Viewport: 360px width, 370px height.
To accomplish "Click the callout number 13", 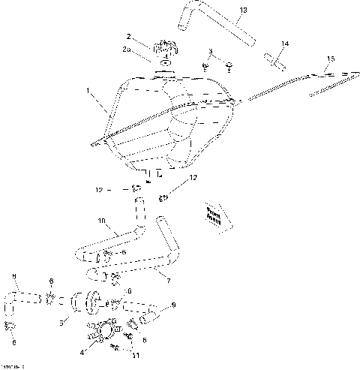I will pos(242,11).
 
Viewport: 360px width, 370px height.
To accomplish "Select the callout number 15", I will pos(331,59).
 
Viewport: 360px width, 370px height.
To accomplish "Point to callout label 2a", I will pos(128,50).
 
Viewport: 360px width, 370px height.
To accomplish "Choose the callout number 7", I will pos(168,280).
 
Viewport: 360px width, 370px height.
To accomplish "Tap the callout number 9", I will pos(173,305).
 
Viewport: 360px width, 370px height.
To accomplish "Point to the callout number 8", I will pos(13,277).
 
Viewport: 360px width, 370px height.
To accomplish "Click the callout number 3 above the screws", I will pos(211,51).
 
